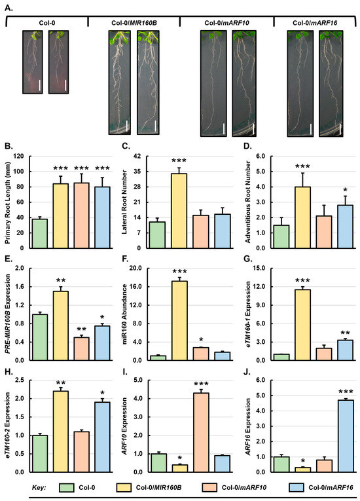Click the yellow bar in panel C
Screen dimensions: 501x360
click(175, 211)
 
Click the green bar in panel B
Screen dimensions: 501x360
click(40, 234)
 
